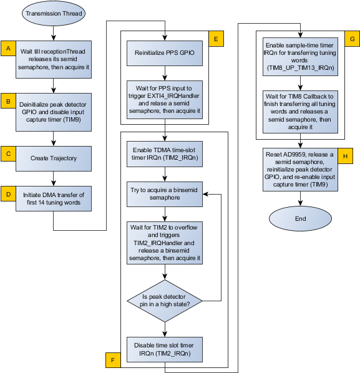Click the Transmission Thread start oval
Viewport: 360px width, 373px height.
tap(54, 13)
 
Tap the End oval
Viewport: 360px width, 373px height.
tap(300, 218)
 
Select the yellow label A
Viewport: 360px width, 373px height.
tap(8, 49)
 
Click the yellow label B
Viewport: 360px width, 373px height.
tap(8, 101)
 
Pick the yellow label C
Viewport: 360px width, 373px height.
tap(8, 153)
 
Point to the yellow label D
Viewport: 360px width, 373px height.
tap(8, 194)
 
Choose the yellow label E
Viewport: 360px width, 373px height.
tap(216, 39)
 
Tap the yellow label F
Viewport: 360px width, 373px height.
tap(113, 360)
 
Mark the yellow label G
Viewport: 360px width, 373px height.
tap(353, 39)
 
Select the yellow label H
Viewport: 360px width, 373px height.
tap(345, 156)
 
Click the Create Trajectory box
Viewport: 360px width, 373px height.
tap(54, 158)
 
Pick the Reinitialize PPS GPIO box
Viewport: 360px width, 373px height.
tap(165, 53)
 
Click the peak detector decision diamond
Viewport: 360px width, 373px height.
tap(165, 301)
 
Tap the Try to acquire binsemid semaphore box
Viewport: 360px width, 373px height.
tap(165, 194)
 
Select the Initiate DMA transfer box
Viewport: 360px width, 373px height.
tap(54, 198)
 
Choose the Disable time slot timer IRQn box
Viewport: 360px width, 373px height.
tap(165, 349)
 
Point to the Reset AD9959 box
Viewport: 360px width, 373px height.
tap(300, 170)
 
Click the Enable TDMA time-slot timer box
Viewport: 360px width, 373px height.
tap(165, 154)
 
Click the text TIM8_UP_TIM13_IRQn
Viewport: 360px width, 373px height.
tap(300, 68)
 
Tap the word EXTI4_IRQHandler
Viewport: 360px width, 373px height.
tap(173, 96)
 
